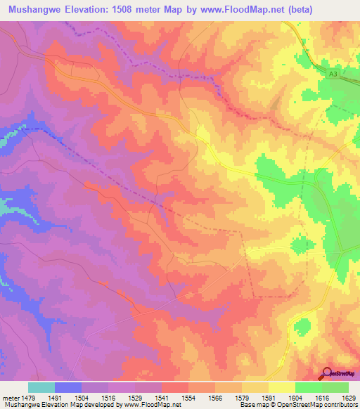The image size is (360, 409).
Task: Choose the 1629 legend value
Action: click(348, 398)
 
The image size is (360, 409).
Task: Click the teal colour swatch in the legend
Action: click(41, 387)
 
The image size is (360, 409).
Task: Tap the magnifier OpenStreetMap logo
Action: click(328, 373)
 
